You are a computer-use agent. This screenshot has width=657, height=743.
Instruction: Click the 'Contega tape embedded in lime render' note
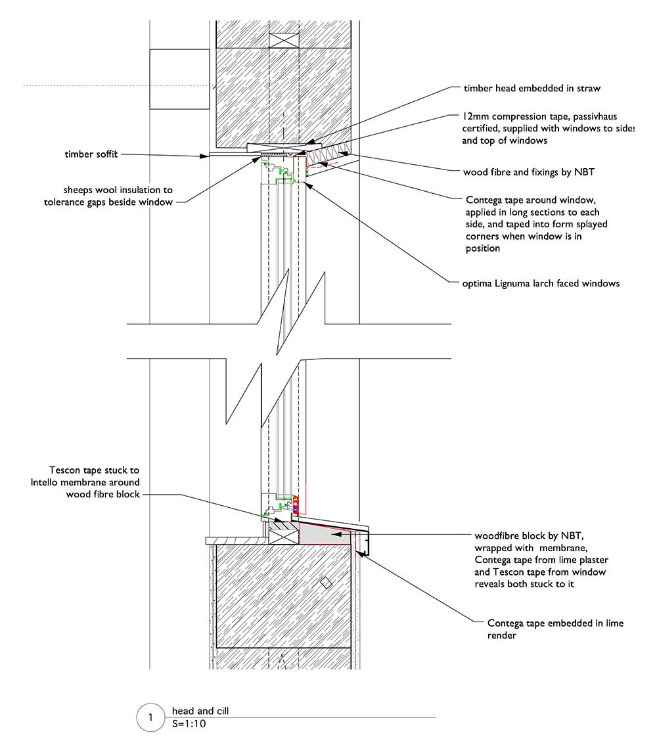pos(555,629)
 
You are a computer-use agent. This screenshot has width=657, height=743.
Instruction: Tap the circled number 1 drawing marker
pos(150,717)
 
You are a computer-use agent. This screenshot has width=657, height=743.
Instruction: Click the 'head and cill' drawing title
pos(200,711)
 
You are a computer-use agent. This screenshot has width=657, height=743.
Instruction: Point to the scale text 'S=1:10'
pos(189,723)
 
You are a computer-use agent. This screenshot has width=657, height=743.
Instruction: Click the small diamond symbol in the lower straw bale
pos(324,583)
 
